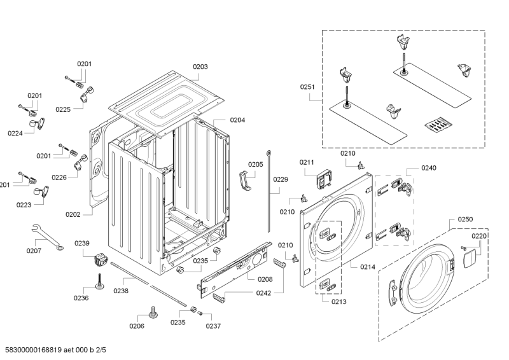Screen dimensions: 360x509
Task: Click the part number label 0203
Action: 200,67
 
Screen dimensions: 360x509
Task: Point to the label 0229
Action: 281,179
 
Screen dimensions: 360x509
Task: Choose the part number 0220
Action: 478,236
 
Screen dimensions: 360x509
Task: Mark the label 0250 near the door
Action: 464,219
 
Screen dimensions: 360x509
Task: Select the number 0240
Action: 428,168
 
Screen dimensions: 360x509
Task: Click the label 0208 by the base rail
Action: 265,280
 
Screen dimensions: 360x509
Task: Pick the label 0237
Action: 213,326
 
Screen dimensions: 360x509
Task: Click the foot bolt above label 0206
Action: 153,312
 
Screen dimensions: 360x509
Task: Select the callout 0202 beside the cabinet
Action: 73,214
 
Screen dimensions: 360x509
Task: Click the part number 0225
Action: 62,109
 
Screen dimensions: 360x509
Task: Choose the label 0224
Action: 15,133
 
